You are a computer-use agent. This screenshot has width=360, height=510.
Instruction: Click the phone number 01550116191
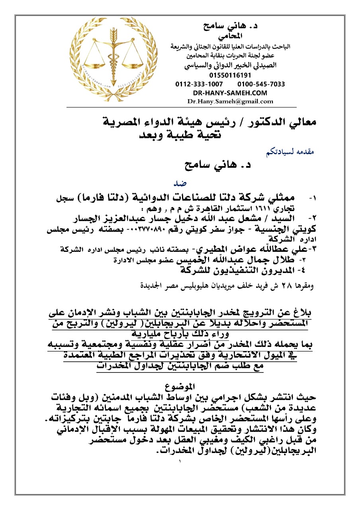tap(230, 75)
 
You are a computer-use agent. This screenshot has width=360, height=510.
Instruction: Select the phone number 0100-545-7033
tap(261, 84)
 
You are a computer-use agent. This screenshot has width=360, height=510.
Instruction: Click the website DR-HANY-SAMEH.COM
tap(230, 93)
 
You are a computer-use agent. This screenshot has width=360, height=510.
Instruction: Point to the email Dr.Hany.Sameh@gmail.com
tap(230, 101)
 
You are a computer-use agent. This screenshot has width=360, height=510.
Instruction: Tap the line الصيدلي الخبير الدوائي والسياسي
tap(230, 65)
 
